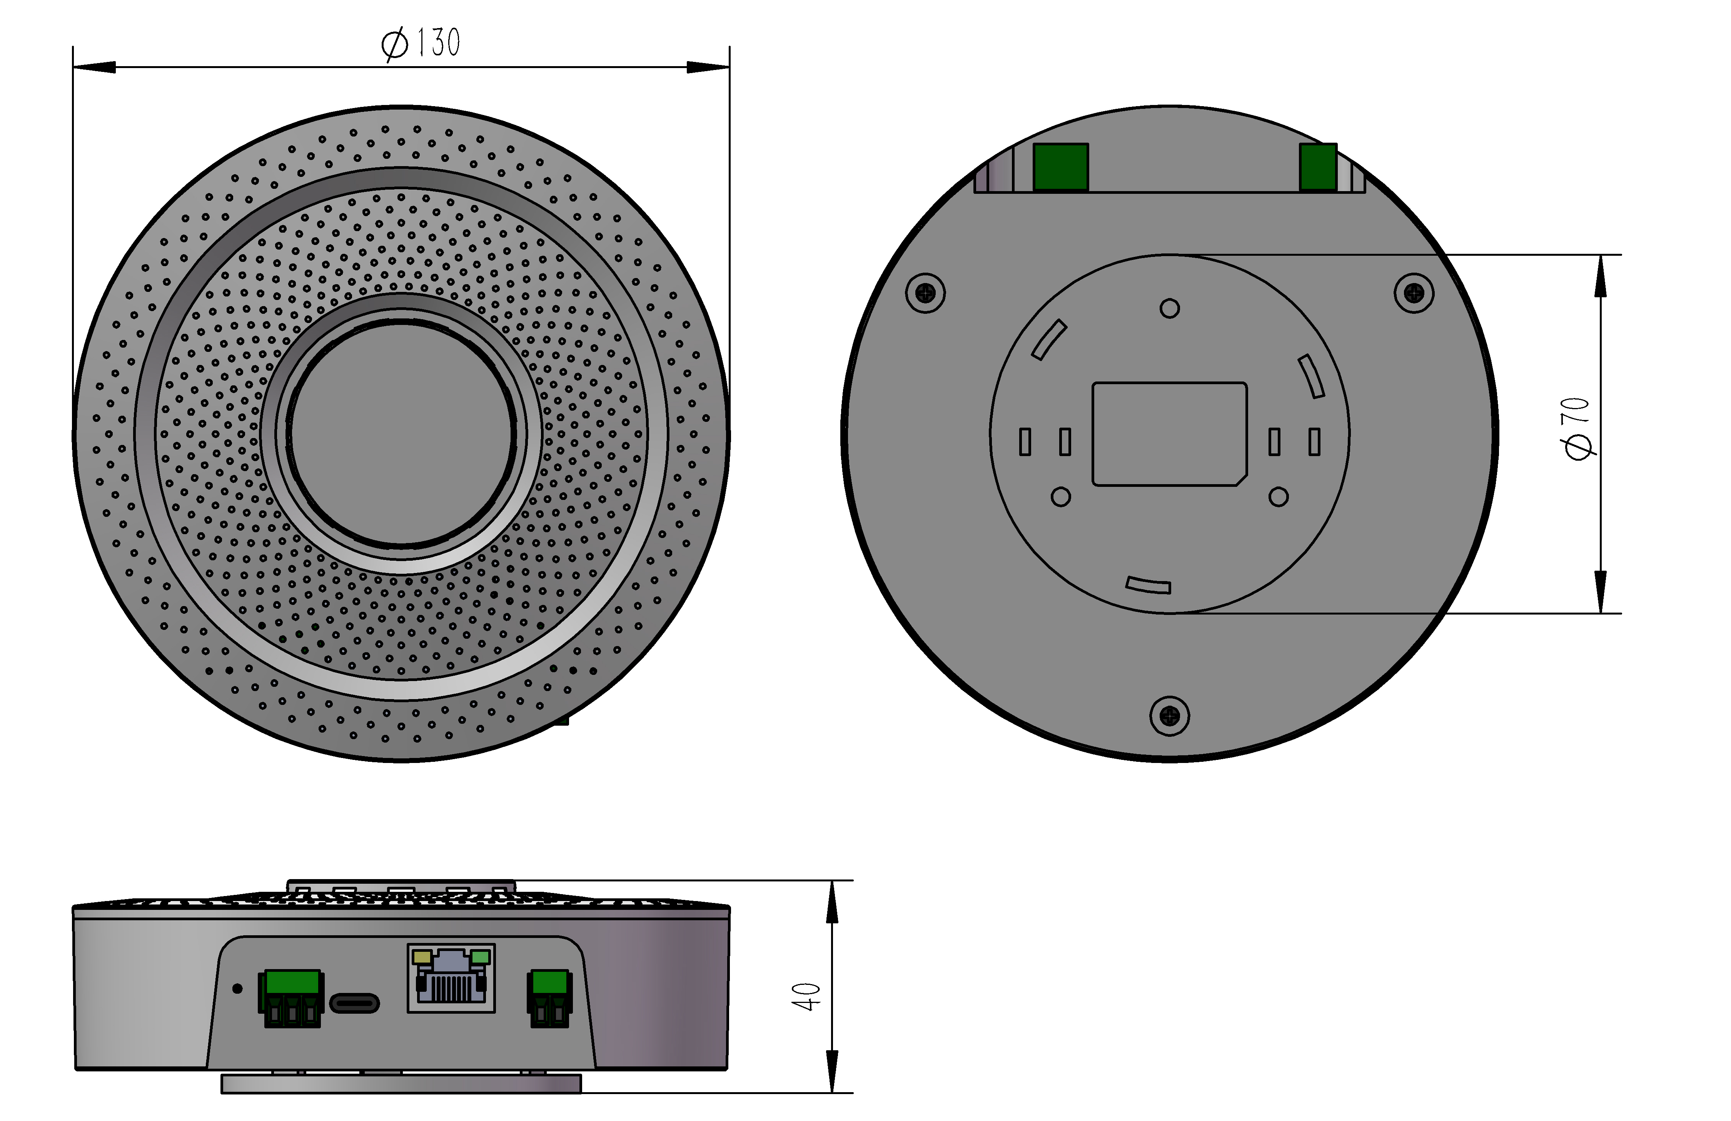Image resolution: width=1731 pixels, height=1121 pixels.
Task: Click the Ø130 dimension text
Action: pos(421,43)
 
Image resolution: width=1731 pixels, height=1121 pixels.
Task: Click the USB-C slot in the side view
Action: pos(355,1003)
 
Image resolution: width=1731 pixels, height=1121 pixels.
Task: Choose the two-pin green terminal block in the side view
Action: pos(550,998)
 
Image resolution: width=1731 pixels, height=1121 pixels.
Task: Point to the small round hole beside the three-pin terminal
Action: pos(237,989)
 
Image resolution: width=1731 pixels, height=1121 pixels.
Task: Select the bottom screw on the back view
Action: pos(1170,716)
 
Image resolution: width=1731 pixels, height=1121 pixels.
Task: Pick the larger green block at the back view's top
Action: pos(1060,167)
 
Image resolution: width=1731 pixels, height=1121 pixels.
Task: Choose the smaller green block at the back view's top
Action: pos(1318,167)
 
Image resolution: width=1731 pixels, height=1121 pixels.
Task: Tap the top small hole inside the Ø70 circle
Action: pos(1170,309)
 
